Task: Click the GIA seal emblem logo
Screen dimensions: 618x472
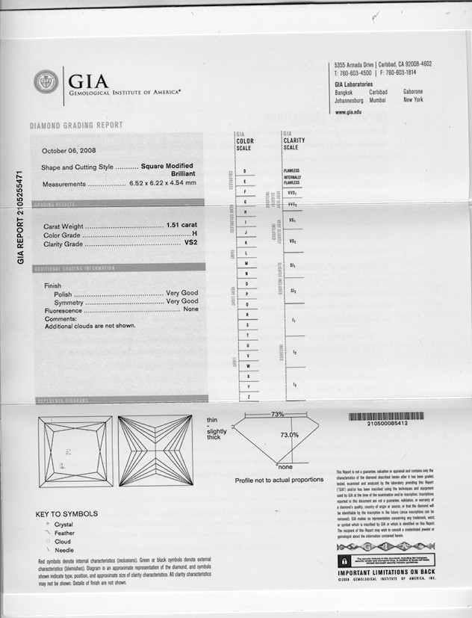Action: click(46, 81)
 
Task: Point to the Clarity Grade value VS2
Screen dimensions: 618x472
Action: click(190, 244)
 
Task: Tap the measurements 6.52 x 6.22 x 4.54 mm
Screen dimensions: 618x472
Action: click(163, 183)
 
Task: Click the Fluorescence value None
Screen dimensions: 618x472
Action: click(190, 309)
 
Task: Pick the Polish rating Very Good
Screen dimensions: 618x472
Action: click(181, 294)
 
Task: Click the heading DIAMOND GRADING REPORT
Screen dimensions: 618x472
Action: click(76, 126)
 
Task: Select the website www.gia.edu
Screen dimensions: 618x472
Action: click(348, 111)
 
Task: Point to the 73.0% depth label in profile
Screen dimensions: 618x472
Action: click(290, 434)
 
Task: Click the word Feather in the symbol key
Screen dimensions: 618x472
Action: click(64, 533)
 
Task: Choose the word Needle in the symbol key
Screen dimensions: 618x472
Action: click(64, 549)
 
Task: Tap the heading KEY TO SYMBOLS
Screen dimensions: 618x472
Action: click(66, 514)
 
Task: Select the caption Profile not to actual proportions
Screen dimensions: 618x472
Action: click(279, 480)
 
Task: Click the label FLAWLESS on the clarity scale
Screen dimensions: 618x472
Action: click(291, 170)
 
